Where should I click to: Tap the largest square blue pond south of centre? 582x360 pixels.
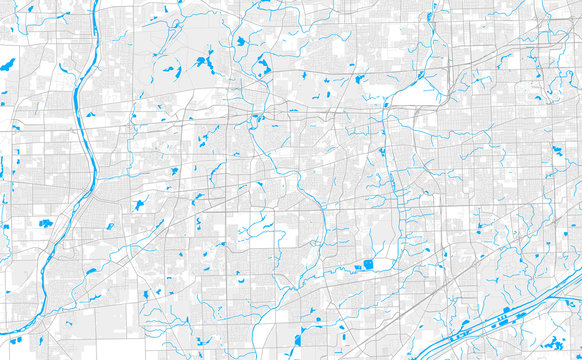point(369,265)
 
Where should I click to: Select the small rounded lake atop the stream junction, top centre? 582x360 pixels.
point(241,42)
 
